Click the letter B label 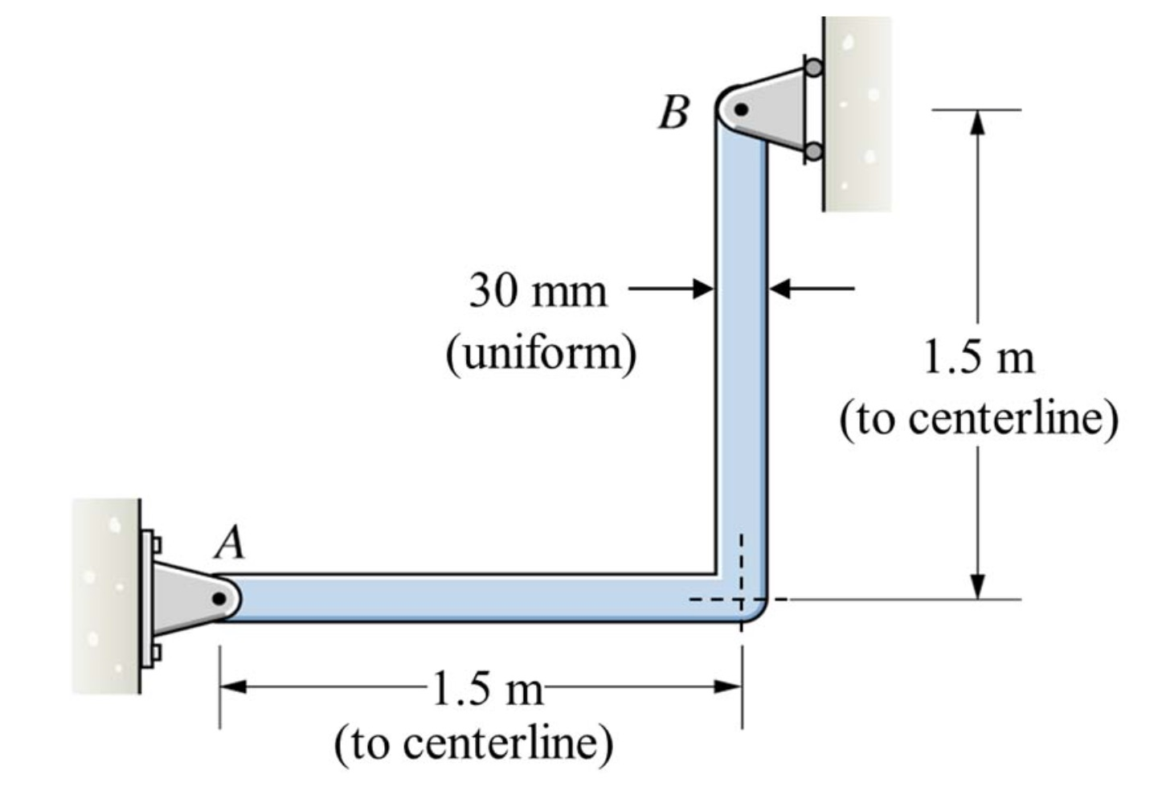pos(673,113)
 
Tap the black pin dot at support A pos(219,599)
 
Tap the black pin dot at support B pos(742,109)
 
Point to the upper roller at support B pos(813,68)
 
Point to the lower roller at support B pos(813,151)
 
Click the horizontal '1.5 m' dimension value pos(487,688)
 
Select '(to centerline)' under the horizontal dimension pos(473,743)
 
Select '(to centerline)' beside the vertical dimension pos(979,418)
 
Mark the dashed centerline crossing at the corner pos(742,599)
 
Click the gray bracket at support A pos(181,596)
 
